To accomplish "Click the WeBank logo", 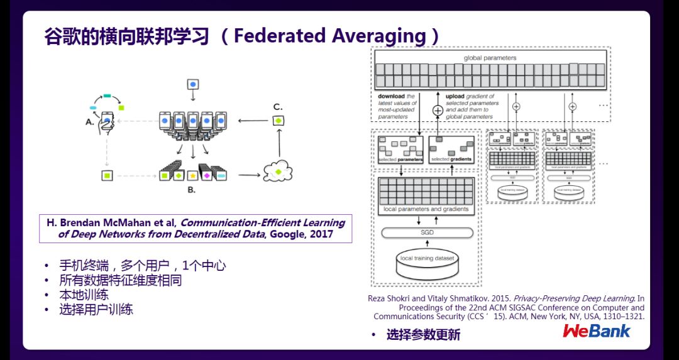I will (596, 331).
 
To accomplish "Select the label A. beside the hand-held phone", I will (89, 123).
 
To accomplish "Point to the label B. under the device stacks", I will (192, 188).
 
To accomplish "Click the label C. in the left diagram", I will (277, 106).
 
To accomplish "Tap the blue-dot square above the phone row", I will (193, 84).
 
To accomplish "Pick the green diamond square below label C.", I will (278, 120).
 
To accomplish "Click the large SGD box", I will (427, 233).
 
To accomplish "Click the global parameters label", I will (490, 58).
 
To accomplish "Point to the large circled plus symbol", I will (438, 110).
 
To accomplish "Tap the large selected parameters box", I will (400, 149).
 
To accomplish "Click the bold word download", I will (391, 96).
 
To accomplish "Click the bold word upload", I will (456, 96).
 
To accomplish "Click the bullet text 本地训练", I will (84, 295).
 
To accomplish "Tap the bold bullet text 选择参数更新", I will (423, 335).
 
